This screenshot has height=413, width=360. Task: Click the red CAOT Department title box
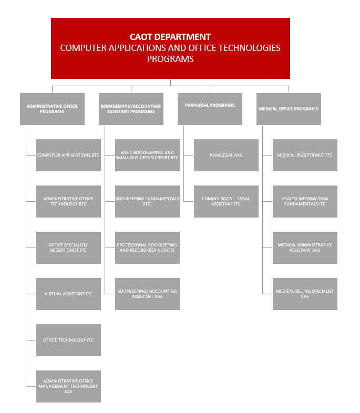pyautogui.click(x=170, y=48)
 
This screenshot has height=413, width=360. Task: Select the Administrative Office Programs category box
pyautogui.click(x=52, y=109)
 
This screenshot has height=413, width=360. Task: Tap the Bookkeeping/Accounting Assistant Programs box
pyautogui.click(x=131, y=109)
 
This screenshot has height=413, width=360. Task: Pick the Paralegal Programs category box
pyautogui.click(x=210, y=109)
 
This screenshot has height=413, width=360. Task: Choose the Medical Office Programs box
pyautogui.click(x=289, y=109)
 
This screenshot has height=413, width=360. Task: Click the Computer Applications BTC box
pyautogui.click(x=68, y=155)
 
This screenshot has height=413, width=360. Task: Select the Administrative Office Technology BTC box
pyautogui.click(x=68, y=201)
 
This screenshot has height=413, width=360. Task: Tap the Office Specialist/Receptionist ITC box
pyautogui.click(x=68, y=247)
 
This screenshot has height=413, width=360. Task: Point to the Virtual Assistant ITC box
pyautogui.click(x=68, y=294)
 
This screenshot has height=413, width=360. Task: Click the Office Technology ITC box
pyautogui.click(x=68, y=340)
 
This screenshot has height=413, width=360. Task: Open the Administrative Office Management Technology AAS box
pyautogui.click(x=68, y=386)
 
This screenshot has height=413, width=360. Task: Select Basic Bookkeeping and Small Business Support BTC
pyautogui.click(x=147, y=155)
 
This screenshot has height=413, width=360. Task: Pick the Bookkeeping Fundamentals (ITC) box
pyautogui.click(x=147, y=201)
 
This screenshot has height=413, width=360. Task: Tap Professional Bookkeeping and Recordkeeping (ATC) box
pyautogui.click(x=147, y=247)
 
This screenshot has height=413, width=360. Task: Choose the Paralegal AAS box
pyautogui.click(x=226, y=155)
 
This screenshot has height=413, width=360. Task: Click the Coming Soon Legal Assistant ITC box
pyautogui.click(x=226, y=201)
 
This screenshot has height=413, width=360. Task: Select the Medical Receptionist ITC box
pyautogui.click(x=305, y=155)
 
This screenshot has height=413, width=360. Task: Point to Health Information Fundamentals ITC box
pyautogui.click(x=305, y=201)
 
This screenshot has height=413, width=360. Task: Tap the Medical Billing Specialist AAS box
pyautogui.click(x=305, y=294)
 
